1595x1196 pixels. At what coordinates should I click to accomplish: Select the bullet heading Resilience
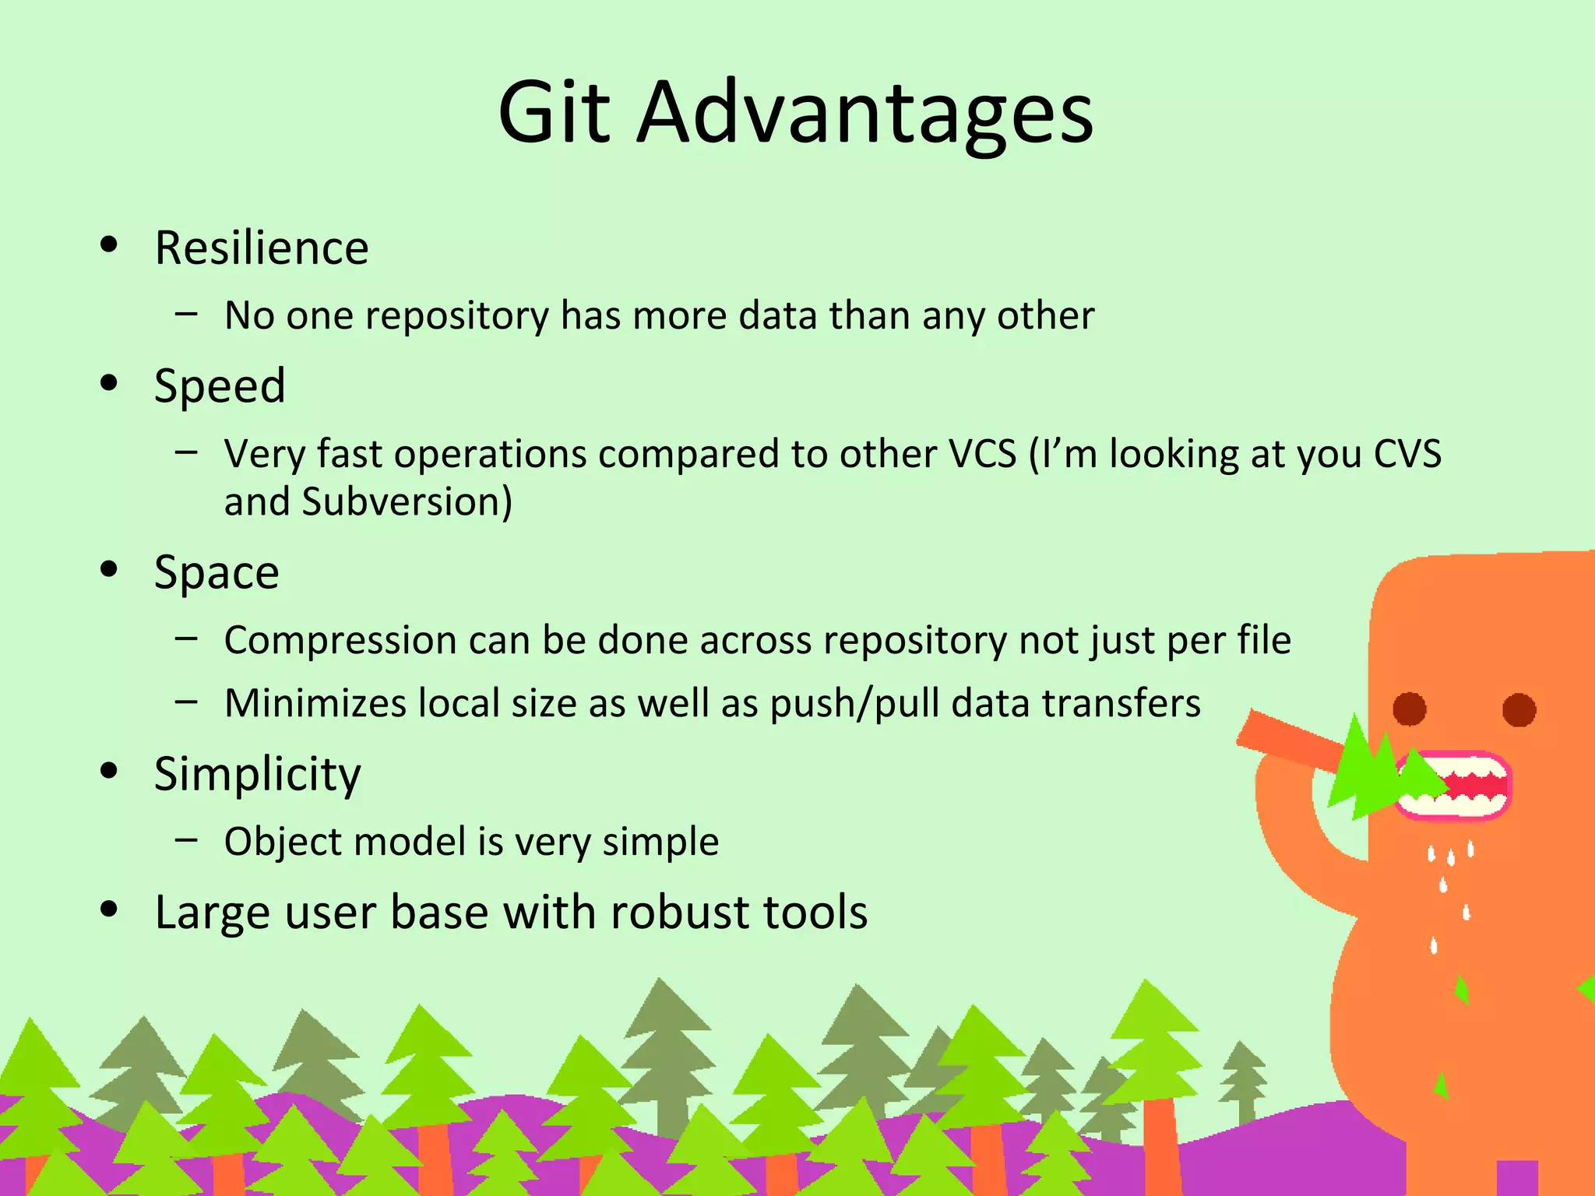pyautogui.click(x=261, y=248)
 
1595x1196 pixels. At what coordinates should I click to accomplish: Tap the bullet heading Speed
pyautogui.click(x=220, y=386)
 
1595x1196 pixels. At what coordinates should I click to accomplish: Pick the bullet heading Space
pyautogui.click(x=217, y=573)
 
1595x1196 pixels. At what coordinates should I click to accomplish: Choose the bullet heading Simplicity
pyautogui.click(x=257, y=774)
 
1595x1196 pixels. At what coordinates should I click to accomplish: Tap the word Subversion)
pyautogui.click(x=407, y=501)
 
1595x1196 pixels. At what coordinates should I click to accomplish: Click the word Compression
pyautogui.click(x=340, y=640)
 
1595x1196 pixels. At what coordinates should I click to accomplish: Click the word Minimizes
pyautogui.click(x=315, y=703)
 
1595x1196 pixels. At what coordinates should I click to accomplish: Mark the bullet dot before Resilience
pyautogui.click(x=109, y=245)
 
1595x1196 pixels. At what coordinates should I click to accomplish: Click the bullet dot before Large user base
pyautogui.click(x=109, y=909)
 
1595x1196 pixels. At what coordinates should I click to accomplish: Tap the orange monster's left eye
pyautogui.click(x=1409, y=709)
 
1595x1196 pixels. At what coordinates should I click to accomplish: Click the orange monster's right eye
pyautogui.click(x=1519, y=709)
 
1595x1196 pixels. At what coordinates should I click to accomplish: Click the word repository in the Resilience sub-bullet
pyautogui.click(x=456, y=316)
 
